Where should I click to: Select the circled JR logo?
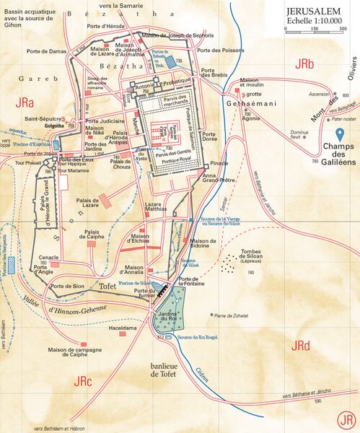pyautogui.click(x=347, y=419)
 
